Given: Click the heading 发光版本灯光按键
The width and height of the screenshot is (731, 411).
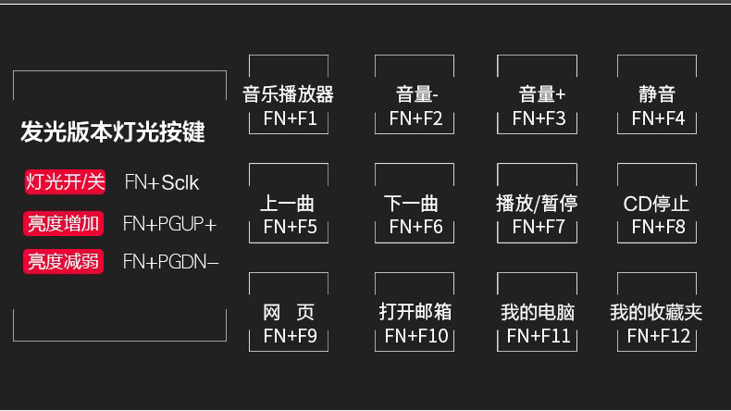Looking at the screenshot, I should [x=113, y=131].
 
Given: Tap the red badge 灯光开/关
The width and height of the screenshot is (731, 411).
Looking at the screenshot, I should [x=65, y=181].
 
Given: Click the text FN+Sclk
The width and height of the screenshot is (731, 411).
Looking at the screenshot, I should [x=162, y=182].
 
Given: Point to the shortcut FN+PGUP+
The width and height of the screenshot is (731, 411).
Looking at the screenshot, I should [x=169, y=224].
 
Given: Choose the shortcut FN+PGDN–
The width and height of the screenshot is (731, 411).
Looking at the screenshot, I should [x=171, y=262].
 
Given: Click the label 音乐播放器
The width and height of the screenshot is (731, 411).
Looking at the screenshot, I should [x=289, y=94].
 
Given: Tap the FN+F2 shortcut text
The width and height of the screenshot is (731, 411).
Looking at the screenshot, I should [x=415, y=118].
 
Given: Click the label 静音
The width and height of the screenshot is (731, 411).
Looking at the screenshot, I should [x=657, y=94].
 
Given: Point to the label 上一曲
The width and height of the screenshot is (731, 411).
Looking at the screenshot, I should [x=289, y=204].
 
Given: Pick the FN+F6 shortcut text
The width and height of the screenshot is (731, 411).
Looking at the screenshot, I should [x=415, y=227].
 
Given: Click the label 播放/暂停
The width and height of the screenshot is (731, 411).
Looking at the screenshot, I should [x=537, y=204].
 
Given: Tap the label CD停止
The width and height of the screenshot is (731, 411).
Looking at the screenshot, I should [x=657, y=204].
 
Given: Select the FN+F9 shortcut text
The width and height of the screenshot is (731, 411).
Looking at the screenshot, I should [x=290, y=336].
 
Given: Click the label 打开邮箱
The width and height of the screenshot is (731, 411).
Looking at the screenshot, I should [x=415, y=312].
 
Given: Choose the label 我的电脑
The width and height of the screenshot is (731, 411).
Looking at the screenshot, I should [x=538, y=313].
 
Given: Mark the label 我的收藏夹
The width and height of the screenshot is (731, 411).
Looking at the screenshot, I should [x=656, y=313].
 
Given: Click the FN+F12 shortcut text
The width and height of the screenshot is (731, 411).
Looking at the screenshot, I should [x=659, y=336].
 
